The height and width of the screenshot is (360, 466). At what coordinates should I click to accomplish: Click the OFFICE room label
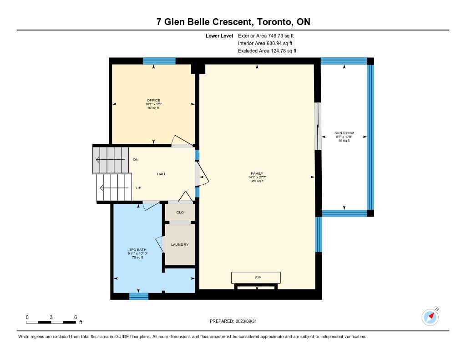click(x=153, y=101)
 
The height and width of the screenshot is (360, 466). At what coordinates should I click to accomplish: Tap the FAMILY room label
click(x=257, y=173)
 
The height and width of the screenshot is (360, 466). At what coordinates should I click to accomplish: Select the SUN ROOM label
click(x=344, y=133)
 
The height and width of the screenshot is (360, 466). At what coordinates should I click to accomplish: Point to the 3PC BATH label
click(x=137, y=250)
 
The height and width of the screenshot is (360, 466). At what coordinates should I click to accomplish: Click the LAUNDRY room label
click(x=180, y=245)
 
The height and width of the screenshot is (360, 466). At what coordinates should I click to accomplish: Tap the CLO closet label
click(x=180, y=213)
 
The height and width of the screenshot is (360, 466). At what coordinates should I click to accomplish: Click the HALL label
click(x=162, y=174)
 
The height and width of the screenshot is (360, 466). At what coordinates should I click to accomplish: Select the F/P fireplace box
click(x=256, y=277)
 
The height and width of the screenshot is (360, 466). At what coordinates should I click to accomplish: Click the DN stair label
click(x=136, y=160)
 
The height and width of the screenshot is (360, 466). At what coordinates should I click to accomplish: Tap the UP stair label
click(x=138, y=188)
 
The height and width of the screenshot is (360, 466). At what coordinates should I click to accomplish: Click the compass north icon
click(x=431, y=317)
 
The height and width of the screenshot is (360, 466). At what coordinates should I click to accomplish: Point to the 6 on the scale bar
click(x=76, y=317)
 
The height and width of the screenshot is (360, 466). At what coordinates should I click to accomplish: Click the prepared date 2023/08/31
click(x=246, y=321)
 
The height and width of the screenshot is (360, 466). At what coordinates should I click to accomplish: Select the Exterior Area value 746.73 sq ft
click(x=281, y=36)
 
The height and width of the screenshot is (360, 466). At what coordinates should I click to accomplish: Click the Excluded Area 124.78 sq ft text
click(x=267, y=51)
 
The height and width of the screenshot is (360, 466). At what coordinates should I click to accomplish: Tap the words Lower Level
click(x=219, y=36)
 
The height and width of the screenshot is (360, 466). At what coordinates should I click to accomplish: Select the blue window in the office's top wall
click(x=159, y=61)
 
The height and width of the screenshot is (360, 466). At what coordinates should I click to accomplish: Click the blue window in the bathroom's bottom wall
click(x=139, y=296)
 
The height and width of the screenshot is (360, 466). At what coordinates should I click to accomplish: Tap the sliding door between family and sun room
click(x=318, y=127)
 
